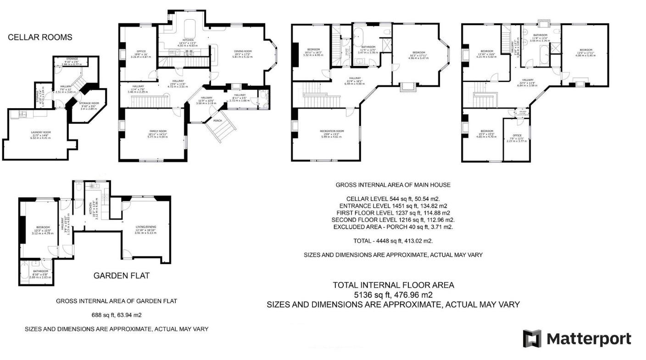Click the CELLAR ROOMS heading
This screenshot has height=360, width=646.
point(40,37)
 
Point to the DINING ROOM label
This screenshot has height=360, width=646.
point(243,51)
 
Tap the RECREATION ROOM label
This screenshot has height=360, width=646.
point(331,131)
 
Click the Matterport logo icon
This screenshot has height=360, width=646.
point(532,338)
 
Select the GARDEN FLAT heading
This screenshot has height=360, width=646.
point(121,276)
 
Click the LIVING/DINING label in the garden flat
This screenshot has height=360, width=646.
point(145,227)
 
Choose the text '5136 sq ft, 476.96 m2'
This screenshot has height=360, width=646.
point(393,295)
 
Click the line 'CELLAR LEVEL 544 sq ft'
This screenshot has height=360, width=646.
point(393,199)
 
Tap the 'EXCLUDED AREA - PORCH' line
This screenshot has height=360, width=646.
point(393,227)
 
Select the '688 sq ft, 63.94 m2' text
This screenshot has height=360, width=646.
point(117,315)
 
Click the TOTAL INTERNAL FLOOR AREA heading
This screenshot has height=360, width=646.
point(393,285)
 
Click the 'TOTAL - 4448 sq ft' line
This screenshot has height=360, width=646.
point(393,241)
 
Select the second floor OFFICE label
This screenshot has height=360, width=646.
point(516,135)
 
